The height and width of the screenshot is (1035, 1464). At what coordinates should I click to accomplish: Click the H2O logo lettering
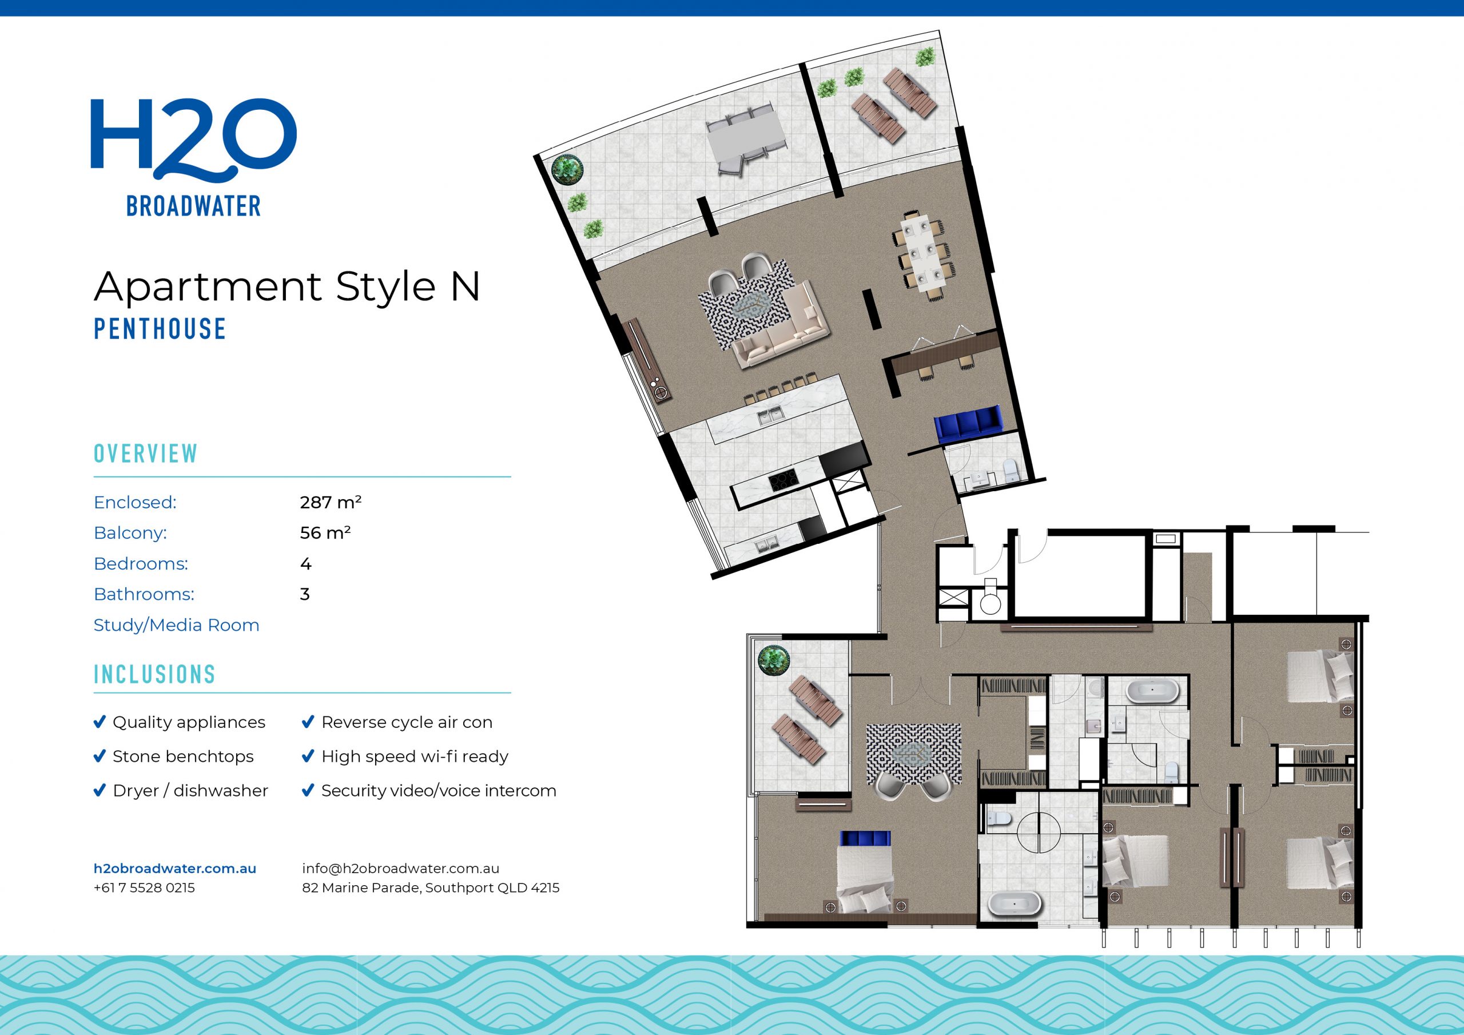(193, 137)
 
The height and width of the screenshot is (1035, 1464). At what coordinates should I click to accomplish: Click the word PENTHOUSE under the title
(160, 329)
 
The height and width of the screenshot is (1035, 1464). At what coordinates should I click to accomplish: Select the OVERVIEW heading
(145, 453)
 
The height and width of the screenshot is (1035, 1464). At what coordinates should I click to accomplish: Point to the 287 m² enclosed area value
(331, 503)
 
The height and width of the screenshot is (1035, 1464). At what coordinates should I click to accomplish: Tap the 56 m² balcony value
(325, 533)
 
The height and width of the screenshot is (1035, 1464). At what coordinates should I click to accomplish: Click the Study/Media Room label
(176, 625)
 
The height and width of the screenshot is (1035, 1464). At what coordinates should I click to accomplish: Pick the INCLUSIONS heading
(154, 675)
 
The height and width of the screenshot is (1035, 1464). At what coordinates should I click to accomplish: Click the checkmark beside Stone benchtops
(100, 757)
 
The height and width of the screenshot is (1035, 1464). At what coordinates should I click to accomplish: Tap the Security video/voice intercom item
(438, 791)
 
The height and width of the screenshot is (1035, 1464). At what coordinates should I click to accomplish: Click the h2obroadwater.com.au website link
(175, 869)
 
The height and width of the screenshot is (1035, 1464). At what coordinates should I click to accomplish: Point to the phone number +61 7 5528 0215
(144, 887)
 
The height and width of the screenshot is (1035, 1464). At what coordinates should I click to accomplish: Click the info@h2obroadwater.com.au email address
(400, 869)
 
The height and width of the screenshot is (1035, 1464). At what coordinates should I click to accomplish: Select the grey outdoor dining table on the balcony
(745, 138)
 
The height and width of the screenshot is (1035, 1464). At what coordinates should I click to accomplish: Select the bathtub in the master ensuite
(1015, 903)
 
